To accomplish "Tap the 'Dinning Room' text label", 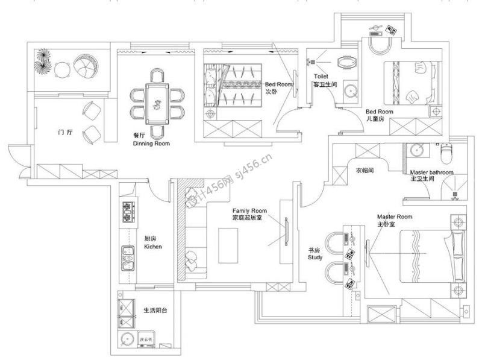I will (151, 144).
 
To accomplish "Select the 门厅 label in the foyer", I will (65, 131).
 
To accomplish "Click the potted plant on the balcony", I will (43, 63).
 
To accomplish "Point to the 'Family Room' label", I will (249, 211).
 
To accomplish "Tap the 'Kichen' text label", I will (154, 247).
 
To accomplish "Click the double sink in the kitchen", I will (127, 256).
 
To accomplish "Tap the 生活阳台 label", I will (155, 311).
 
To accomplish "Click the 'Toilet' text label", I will (321, 77).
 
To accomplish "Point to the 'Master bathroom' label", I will (431, 172).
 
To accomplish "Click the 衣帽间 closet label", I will (365, 171).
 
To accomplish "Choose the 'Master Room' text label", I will (394, 216).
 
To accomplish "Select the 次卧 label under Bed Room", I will (271, 92).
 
